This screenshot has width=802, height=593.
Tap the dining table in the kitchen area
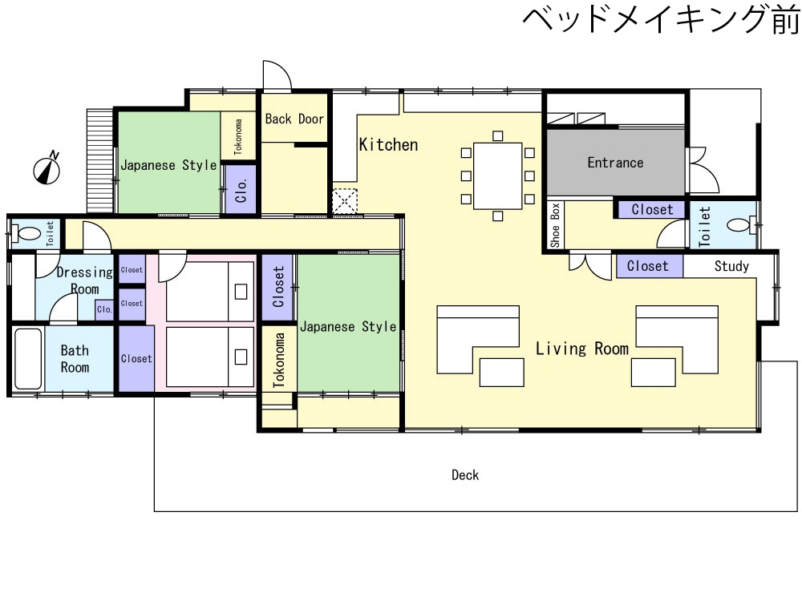click(x=498, y=175)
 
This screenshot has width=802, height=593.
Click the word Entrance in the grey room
click(x=615, y=163)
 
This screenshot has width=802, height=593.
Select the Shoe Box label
click(x=556, y=225)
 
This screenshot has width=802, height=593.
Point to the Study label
click(x=731, y=266)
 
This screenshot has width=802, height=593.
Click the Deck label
click(x=465, y=475)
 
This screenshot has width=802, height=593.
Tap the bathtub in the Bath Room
click(x=27, y=359)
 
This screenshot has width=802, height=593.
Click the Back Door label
click(x=294, y=119)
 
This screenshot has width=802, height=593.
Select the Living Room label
click(x=582, y=349)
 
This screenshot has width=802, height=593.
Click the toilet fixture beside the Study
click(x=742, y=224)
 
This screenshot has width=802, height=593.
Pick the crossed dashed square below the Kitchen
click(x=345, y=201)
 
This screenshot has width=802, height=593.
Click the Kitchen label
click(x=388, y=145)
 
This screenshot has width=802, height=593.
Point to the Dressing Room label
click(x=84, y=280)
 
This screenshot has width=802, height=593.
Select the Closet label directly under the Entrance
click(x=652, y=210)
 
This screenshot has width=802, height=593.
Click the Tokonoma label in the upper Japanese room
click(x=238, y=136)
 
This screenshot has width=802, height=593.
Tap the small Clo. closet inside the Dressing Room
click(x=105, y=310)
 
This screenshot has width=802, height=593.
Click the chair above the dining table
click(x=498, y=136)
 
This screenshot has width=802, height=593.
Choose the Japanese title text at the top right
click(x=662, y=20)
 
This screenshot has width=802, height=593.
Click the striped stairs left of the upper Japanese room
click(x=99, y=160)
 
